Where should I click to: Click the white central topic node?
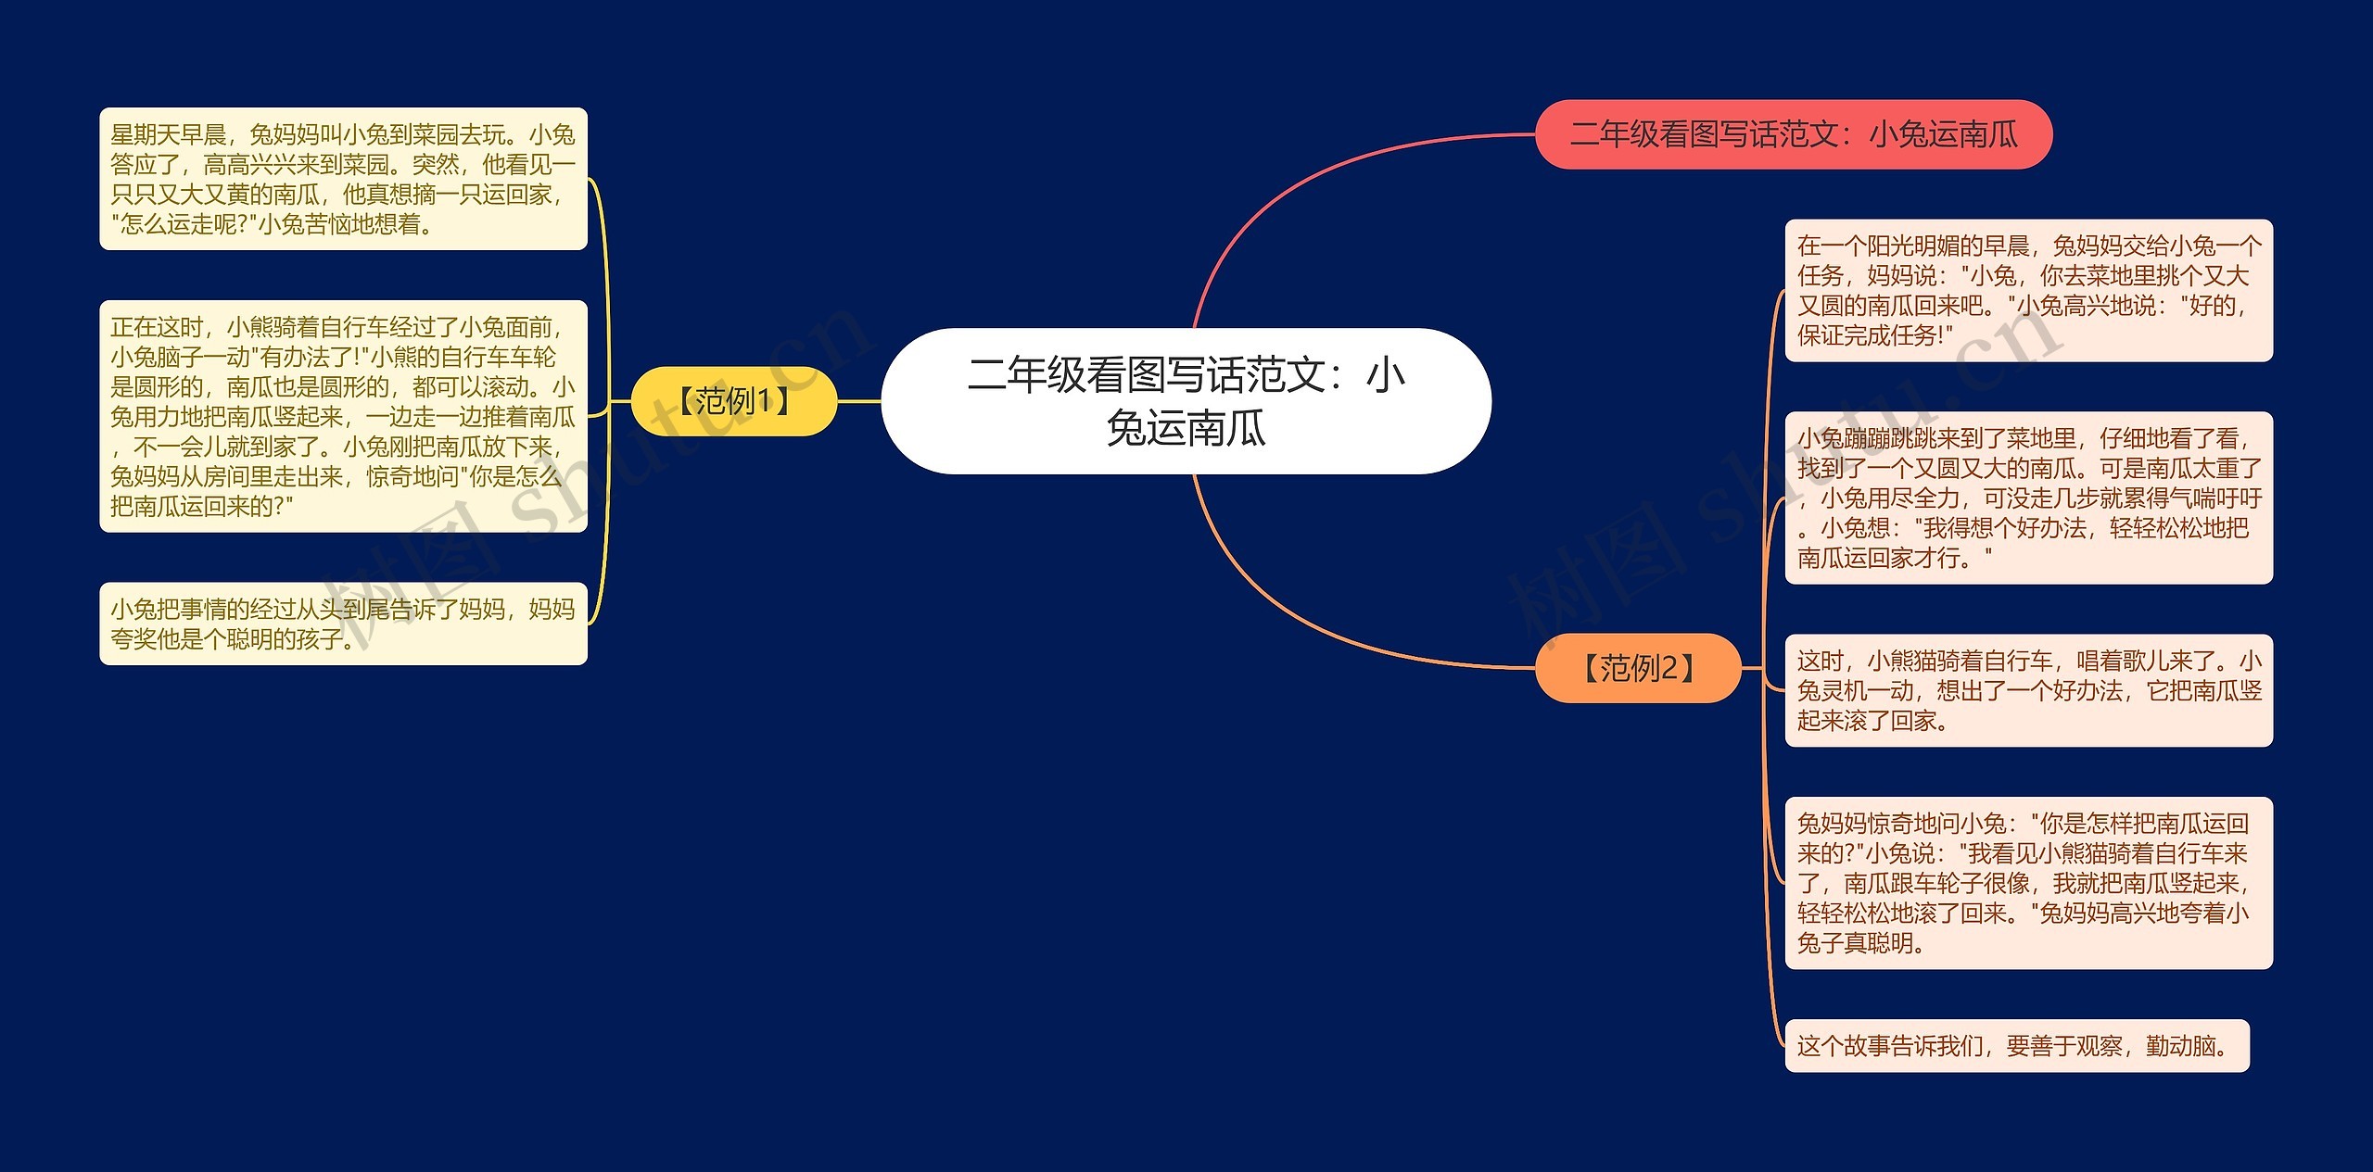click(1186, 400)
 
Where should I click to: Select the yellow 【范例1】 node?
click(733, 401)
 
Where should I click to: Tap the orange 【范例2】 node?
click(1638, 668)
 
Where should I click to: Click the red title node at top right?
click(1794, 134)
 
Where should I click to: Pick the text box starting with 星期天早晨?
click(343, 179)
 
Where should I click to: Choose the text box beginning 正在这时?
click(343, 416)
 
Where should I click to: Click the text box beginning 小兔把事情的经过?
click(343, 624)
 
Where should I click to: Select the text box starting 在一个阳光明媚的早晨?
click(2029, 290)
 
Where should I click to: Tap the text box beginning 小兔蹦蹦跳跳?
click(2029, 498)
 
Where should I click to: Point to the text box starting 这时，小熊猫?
click(2029, 690)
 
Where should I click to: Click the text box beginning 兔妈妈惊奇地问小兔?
click(2029, 883)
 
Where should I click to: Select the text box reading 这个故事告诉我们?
click(2017, 1046)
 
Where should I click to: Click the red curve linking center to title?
click(1298, 185)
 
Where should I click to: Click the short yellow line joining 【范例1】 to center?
click(858, 401)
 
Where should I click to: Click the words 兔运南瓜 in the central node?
click(1186, 428)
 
